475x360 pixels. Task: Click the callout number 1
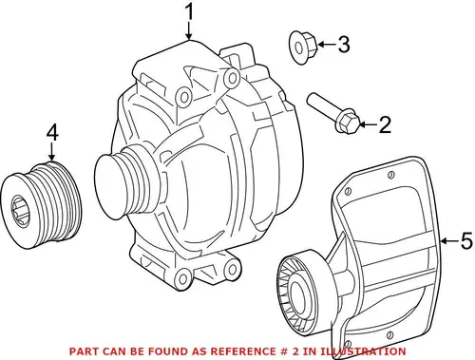189,12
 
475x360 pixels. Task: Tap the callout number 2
385,124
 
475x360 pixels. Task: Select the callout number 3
344,44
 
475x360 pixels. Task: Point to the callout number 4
52,132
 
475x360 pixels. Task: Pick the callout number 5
466,241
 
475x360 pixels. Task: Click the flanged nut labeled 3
303,47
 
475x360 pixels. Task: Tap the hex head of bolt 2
348,123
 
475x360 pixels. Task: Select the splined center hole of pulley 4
21,210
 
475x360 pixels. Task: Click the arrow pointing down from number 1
189,31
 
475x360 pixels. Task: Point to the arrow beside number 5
449,241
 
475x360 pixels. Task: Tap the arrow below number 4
52,152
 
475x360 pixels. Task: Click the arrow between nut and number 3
327,44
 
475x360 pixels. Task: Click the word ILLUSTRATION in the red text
363,351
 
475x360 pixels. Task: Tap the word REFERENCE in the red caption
243,351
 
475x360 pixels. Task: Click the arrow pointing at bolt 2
369,124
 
